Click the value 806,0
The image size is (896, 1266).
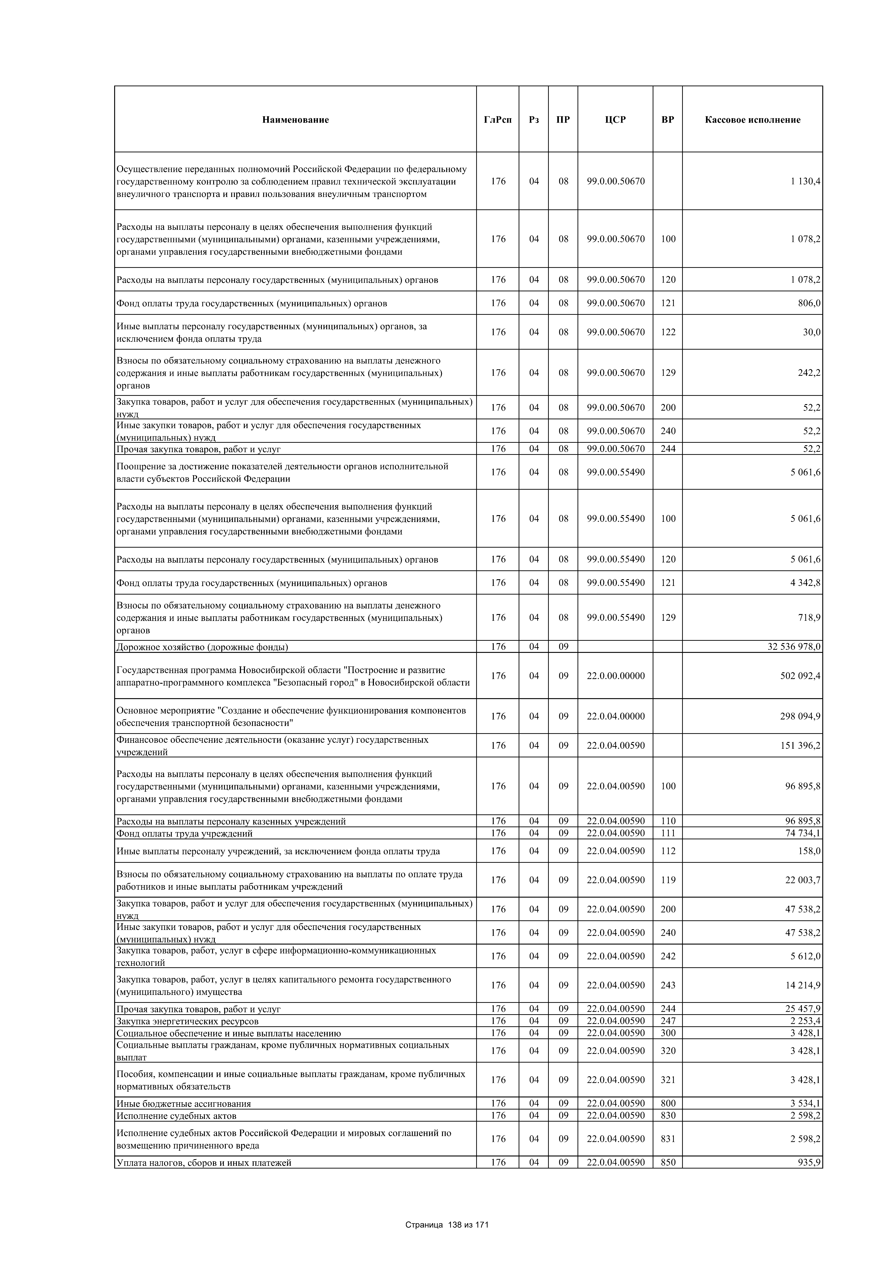pyautogui.click(x=809, y=303)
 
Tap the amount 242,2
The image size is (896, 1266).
pyautogui.click(x=809, y=373)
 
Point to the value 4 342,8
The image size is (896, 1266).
pyautogui.click(x=804, y=583)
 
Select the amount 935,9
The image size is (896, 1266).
pyautogui.click(x=809, y=1163)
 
